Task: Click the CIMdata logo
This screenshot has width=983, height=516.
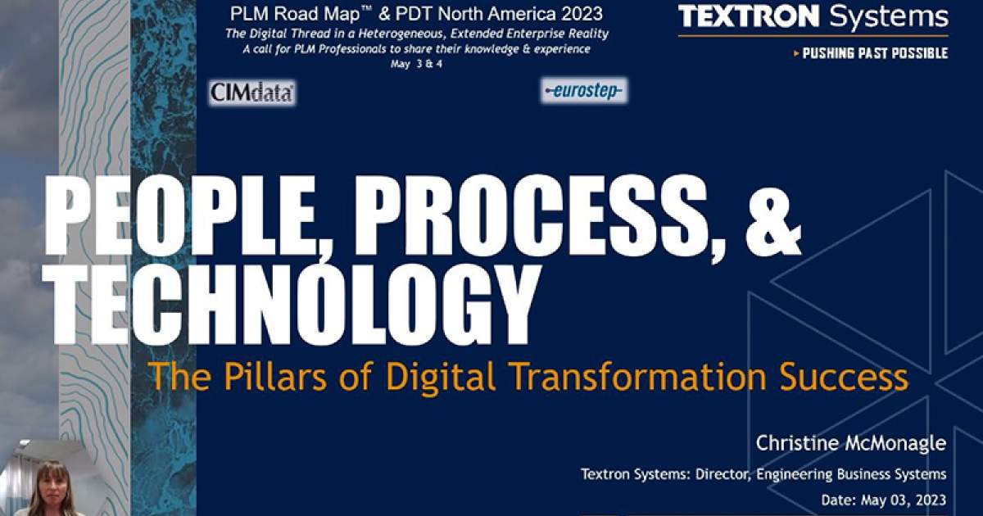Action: coord(252,93)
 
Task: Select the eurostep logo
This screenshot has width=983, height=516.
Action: coord(584,91)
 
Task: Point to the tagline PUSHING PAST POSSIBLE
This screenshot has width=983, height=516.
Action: coord(874,53)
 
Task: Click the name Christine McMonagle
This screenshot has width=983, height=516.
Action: coord(852,444)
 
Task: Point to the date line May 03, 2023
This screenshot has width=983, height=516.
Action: coord(883,499)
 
